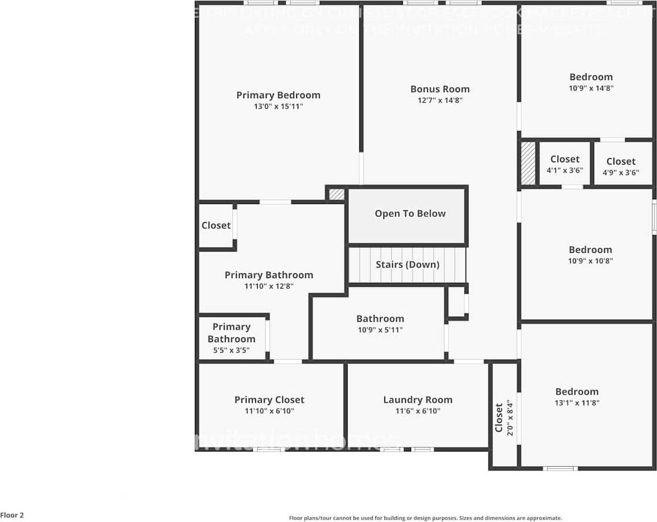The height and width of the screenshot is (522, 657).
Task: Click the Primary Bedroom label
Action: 278,95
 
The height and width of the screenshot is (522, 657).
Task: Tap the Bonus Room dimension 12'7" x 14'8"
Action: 439,101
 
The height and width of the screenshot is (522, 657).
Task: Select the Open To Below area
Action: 410,214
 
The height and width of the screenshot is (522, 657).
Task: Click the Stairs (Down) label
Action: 407,265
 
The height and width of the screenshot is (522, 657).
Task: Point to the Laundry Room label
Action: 417,400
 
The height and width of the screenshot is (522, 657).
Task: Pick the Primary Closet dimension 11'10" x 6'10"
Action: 269,411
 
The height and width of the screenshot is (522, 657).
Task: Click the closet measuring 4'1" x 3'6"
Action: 564,164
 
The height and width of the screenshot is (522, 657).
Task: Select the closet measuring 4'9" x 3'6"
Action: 621,166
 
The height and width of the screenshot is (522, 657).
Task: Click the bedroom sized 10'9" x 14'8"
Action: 591,82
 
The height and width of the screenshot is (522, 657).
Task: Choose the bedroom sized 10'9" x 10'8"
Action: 590,255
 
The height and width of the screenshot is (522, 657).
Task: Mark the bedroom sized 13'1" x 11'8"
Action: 577,397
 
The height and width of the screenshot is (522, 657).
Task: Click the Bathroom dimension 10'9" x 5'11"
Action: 380,330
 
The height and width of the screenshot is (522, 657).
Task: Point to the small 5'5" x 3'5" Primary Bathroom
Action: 231,339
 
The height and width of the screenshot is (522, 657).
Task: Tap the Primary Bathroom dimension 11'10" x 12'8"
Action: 269,286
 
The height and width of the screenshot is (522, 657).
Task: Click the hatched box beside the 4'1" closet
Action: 528,163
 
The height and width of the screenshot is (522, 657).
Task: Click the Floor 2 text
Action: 12,515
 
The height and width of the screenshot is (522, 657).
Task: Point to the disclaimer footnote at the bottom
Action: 425,518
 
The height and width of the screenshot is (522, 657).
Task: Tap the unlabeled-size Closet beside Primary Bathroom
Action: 216,226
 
